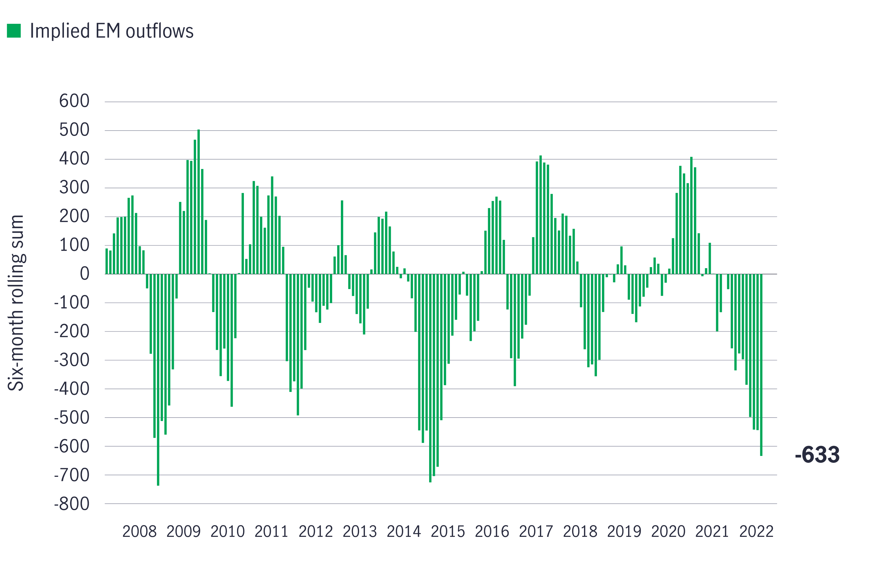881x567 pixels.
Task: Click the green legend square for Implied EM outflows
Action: (14, 31)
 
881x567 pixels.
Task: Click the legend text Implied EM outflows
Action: (112, 31)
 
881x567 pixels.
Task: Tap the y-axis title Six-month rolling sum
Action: (16, 303)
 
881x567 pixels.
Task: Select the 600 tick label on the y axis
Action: (74, 101)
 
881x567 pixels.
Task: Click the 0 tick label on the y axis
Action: (85, 274)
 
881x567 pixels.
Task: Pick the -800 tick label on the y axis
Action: (72, 504)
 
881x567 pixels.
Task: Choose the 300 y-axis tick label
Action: (74, 188)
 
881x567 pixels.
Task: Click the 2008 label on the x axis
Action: (140, 532)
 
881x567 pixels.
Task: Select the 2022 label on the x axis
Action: (756, 532)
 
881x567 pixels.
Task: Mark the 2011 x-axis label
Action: (271, 532)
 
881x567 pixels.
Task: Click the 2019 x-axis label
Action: (624, 532)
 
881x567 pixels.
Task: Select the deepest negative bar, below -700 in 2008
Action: (158, 379)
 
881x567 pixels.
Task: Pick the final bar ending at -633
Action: (761, 364)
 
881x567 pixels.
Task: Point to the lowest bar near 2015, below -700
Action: (430, 378)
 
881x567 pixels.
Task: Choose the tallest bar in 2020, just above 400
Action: (691, 215)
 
